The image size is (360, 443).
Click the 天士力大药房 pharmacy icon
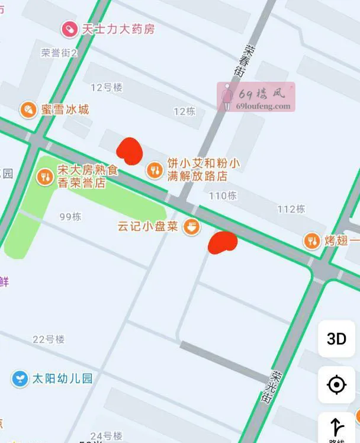[x=70, y=28]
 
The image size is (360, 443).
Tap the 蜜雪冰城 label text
[x=65, y=110]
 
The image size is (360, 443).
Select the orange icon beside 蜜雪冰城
[x=27, y=110]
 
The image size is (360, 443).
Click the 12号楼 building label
[x=106, y=88]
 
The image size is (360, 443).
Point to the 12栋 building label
[x=184, y=111]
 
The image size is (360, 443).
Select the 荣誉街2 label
[x=59, y=53]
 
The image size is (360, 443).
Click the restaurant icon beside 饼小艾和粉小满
[x=155, y=170]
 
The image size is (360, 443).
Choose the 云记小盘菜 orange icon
[x=191, y=226]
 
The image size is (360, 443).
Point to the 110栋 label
[x=223, y=195]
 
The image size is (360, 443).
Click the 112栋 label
[x=291, y=208]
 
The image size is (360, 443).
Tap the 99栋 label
[x=70, y=217]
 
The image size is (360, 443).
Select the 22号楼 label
[x=49, y=339]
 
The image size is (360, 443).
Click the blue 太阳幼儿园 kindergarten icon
[x=20, y=378]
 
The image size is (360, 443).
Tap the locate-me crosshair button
[x=336, y=385]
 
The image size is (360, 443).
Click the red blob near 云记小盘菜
[x=222, y=243]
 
